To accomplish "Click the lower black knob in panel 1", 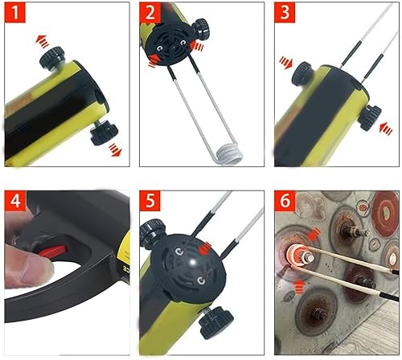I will point(103,131).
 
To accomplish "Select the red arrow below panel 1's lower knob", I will point(117,150).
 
